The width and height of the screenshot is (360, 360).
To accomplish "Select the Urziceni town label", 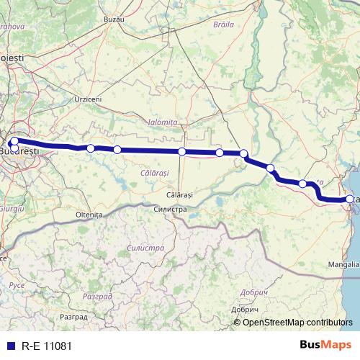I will click(x=88, y=99).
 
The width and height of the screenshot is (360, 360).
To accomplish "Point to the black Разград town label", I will click(x=73, y=316).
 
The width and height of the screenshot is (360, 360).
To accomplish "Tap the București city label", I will click(x=19, y=153).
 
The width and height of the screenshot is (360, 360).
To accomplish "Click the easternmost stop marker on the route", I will click(x=350, y=199).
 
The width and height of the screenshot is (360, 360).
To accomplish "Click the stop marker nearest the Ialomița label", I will click(x=182, y=151).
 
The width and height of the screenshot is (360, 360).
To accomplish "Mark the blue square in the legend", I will click(x=10, y=346).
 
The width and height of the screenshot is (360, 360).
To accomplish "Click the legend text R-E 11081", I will click(x=47, y=346).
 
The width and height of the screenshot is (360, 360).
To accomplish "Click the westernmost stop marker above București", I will click(x=15, y=141).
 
